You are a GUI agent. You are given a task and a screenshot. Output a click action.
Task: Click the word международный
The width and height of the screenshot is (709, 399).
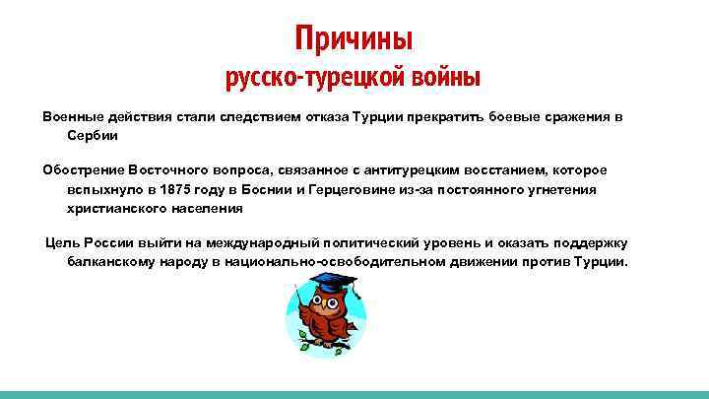point(252,243)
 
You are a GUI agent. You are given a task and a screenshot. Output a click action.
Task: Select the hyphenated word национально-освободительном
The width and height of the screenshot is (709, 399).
point(299,262)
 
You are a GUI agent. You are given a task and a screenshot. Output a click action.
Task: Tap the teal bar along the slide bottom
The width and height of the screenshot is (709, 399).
point(354,394)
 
